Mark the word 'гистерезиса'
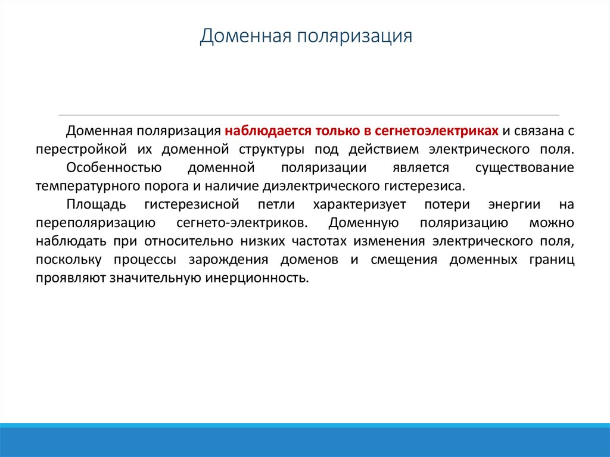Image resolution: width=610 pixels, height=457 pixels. (427, 186)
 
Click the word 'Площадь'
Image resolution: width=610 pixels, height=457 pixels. (96, 204)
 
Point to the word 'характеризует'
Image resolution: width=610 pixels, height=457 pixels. (359, 204)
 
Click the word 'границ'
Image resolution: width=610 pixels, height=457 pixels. (553, 260)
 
